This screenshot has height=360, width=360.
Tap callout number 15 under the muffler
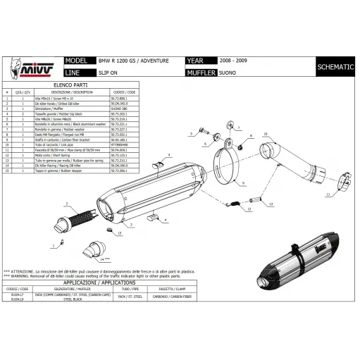pyautogui.click(x=120, y=232)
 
